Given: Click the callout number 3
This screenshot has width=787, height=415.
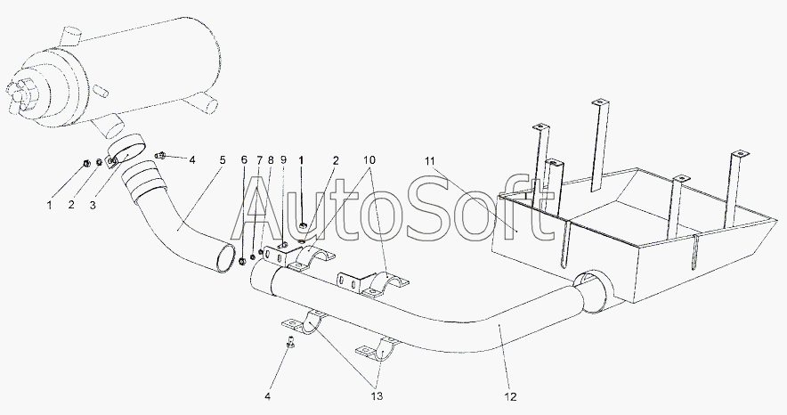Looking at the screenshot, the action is (93, 205).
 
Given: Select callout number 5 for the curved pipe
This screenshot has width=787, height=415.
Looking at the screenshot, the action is (223, 160).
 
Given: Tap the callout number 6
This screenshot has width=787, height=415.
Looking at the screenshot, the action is (244, 160).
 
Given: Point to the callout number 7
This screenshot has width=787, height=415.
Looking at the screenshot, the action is (259, 160).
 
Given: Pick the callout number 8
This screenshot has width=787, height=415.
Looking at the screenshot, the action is (271, 160).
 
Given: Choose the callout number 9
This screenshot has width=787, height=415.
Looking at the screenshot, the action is (283, 160).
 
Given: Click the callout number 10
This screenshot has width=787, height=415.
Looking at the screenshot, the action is (369, 160).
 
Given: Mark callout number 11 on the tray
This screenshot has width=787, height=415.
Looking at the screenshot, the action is (429, 160).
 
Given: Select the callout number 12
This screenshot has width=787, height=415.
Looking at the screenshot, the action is (510, 396).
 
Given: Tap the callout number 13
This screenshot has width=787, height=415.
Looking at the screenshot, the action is (377, 396).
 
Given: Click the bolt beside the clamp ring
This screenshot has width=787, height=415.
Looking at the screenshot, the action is (161, 156).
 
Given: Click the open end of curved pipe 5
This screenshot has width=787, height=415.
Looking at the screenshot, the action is (225, 257).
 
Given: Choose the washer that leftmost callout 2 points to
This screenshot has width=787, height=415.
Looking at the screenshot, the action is (99, 162).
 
